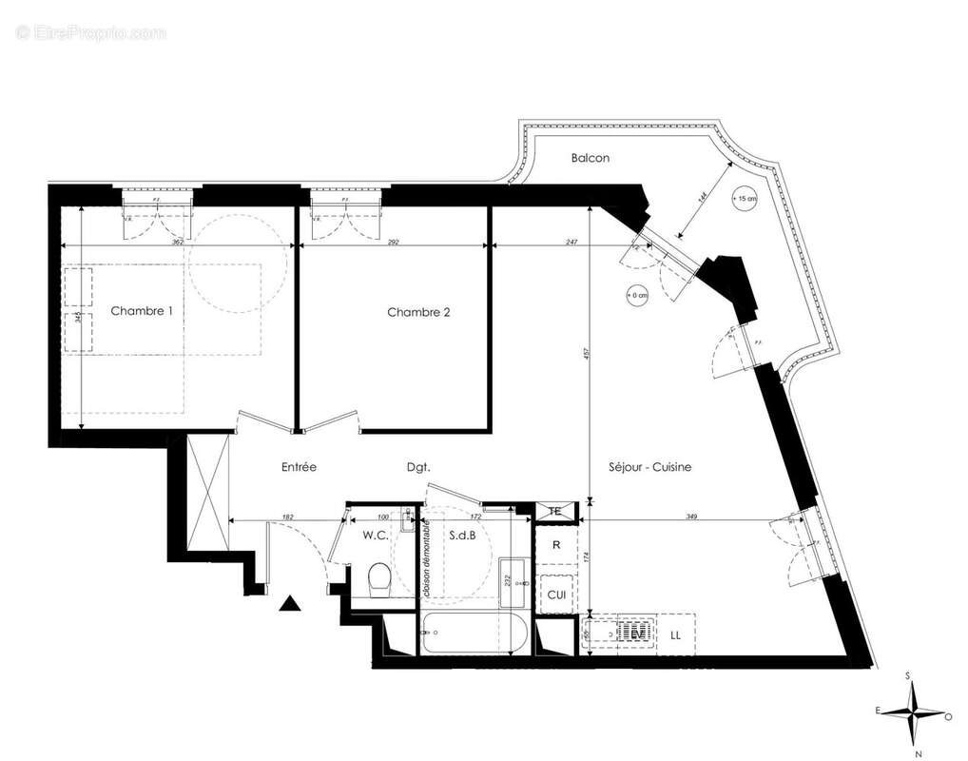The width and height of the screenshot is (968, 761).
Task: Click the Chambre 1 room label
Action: click(142, 311)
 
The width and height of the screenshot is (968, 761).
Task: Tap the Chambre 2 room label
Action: click(418, 312)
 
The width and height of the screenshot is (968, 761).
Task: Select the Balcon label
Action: click(590, 158)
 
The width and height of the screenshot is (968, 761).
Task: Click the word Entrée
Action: click(299, 467)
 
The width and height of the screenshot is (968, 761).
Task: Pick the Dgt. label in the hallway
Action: click(418, 467)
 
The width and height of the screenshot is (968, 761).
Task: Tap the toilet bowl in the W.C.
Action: click(378, 580)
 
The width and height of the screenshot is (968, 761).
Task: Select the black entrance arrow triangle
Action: click(290, 602)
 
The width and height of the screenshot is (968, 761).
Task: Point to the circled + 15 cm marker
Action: click(745, 199)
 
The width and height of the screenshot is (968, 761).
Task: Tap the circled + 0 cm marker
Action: click(636, 295)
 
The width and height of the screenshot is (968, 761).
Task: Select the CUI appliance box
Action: click(555, 595)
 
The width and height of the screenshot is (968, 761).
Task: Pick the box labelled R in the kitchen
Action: click(556, 546)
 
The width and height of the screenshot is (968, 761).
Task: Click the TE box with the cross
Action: click(556, 512)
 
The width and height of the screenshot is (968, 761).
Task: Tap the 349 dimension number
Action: click(691, 517)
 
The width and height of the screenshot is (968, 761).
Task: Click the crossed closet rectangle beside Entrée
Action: click(208, 492)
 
